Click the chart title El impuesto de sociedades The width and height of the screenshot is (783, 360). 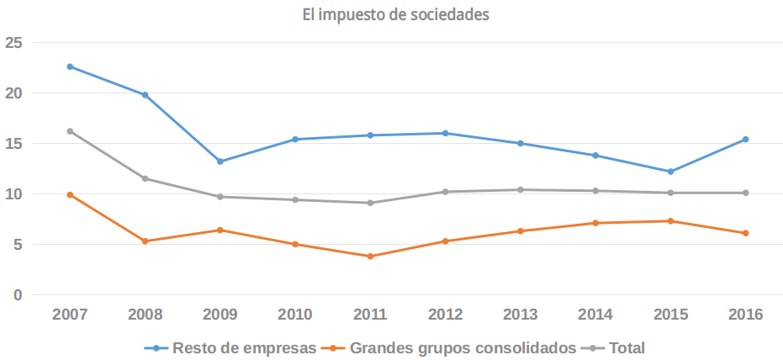coord(395,14)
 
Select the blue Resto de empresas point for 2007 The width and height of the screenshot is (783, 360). coord(70,66)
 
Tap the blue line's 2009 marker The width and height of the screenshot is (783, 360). coord(220,161)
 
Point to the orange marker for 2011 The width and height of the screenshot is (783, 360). coord(370,257)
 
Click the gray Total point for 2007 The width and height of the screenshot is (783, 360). coord(70,131)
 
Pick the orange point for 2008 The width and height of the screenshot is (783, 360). coord(145,241)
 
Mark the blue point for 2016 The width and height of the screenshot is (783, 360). coord(746,140)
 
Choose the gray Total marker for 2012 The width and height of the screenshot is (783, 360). coord(446,192)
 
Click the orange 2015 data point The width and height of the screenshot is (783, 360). coord(670,221)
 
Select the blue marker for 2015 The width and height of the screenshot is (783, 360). coord(670,172)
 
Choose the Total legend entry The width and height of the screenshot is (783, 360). coord(627,347)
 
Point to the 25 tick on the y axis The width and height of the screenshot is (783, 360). coord(13,43)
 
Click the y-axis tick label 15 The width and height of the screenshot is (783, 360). coord(13,144)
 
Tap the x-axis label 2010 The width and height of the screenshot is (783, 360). coord(295,315)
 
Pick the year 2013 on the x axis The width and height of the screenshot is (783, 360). coord(521,315)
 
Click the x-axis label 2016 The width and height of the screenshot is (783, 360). coord(746,315)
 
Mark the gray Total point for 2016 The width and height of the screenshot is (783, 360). coord(746,193)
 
